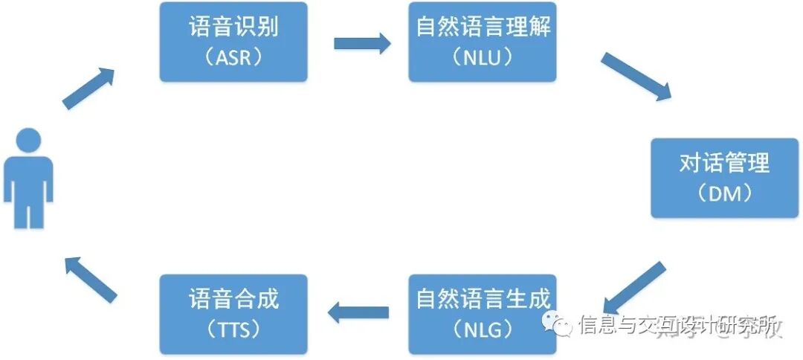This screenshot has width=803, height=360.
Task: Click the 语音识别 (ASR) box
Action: coord(233,42)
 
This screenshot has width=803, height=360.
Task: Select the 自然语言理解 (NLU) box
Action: coord(483,42)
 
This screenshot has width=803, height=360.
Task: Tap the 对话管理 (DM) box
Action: coord(725,177)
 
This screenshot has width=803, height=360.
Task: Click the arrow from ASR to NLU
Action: coord(362,43)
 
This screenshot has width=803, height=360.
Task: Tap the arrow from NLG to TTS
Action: coord(358,312)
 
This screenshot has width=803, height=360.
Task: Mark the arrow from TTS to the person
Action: coord(90,278)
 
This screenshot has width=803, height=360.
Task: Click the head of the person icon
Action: coord(29,141)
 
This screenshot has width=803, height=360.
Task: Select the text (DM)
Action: coord(725,193)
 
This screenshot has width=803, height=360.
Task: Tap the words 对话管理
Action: coord(725,163)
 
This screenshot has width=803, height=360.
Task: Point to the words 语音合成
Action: coord(233,299)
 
